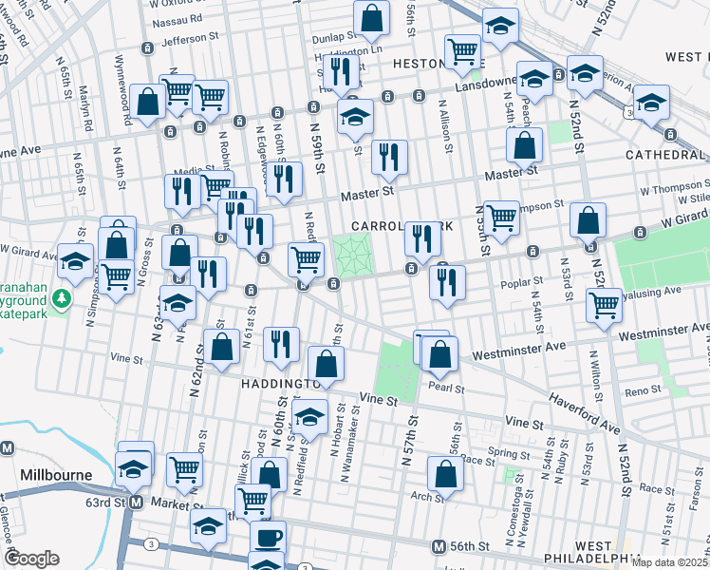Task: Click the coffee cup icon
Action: pyautogui.click(x=267, y=537)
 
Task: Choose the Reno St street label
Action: pyautogui.click(x=642, y=391)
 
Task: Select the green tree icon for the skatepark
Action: pyautogui.click(x=62, y=299)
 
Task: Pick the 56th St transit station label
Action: pyautogui.click(x=469, y=547)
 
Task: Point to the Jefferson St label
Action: pyautogui.click(x=190, y=41)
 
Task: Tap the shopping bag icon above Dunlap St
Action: pyautogui.click(x=371, y=17)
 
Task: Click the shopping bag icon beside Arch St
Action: pyautogui.click(x=444, y=473)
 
